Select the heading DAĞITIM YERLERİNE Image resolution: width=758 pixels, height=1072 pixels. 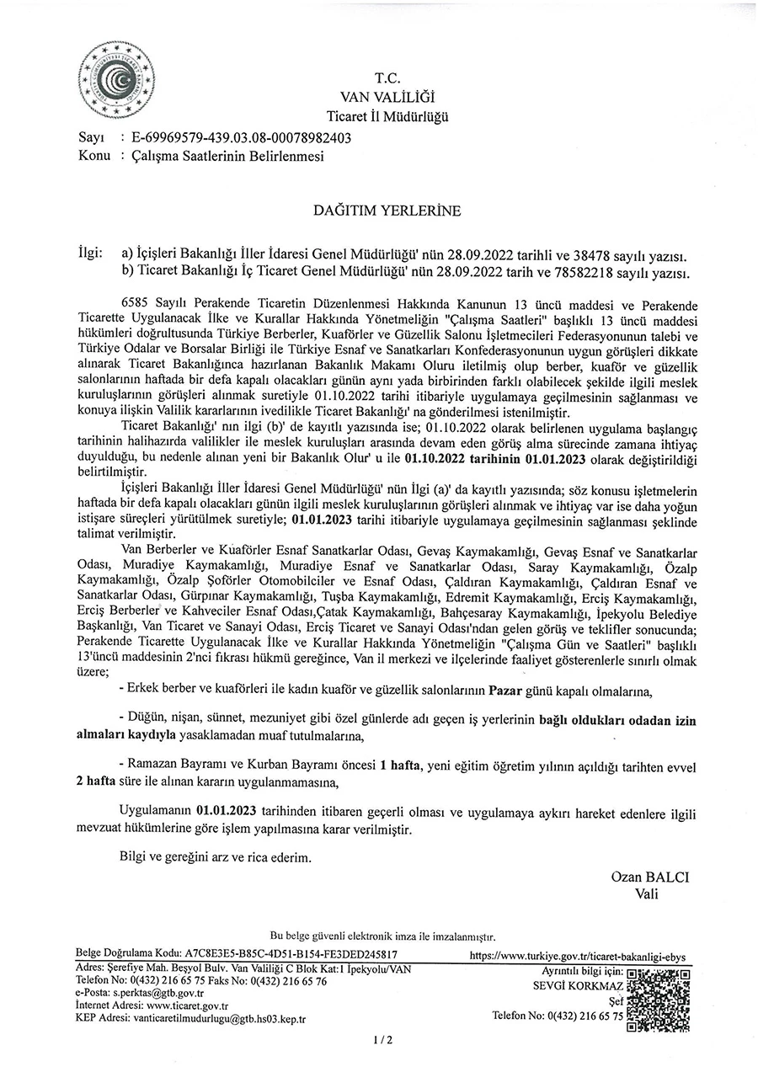pos(388,211)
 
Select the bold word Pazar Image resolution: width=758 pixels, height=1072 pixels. pos(507,692)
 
